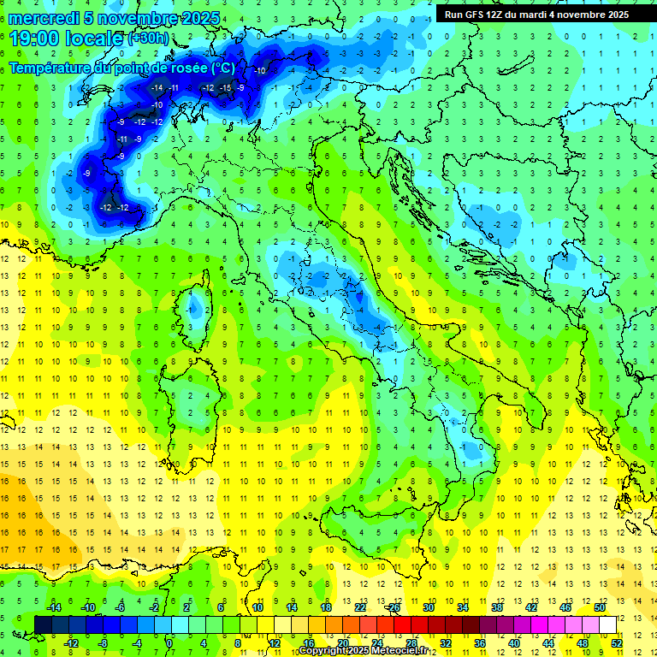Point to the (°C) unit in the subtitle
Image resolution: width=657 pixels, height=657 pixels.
(x=221, y=68)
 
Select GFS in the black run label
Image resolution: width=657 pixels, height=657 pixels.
(x=476, y=15)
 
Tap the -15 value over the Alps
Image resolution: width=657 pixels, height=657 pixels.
(x=225, y=88)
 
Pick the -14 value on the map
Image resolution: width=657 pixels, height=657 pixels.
(x=157, y=88)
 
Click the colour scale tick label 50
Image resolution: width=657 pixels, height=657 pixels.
(x=600, y=607)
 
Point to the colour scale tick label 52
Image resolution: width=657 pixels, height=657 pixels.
(x=617, y=642)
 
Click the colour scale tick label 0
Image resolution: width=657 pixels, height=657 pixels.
(x=169, y=642)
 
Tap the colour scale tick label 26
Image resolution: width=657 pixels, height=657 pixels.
(x=394, y=607)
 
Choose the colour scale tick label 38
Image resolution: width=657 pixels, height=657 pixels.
(x=496, y=607)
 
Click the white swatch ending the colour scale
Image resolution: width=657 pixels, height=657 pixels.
(x=607, y=624)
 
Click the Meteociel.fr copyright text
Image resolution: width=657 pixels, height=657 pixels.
(x=368, y=651)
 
